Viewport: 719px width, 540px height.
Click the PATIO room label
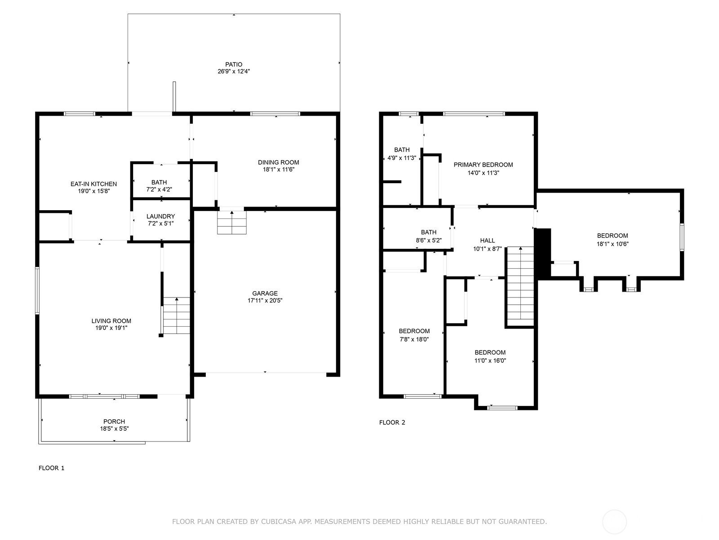tap(234, 65)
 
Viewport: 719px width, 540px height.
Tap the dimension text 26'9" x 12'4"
tap(234, 72)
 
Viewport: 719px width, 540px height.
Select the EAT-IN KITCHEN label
tap(93, 184)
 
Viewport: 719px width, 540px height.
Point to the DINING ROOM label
tap(279, 162)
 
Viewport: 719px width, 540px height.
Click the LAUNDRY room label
tap(160, 216)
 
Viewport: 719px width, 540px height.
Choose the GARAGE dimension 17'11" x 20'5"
tap(265, 300)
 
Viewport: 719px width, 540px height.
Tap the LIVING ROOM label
tap(111, 321)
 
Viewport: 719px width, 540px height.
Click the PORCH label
tap(114, 422)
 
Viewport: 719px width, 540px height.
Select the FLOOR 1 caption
tap(51, 468)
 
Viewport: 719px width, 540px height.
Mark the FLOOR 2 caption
tap(392, 423)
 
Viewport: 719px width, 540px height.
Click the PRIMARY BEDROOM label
tap(483, 165)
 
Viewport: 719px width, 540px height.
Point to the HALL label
tap(488, 241)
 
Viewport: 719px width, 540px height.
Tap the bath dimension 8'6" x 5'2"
tap(429, 240)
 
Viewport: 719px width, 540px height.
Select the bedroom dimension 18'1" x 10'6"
tap(612, 244)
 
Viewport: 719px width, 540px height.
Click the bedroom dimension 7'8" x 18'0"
tap(414, 339)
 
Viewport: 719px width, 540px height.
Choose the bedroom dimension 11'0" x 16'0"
tap(490, 360)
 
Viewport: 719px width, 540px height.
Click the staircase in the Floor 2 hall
tap(521, 287)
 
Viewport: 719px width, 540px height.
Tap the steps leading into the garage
tap(232, 223)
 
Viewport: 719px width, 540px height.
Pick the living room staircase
tap(177, 315)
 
